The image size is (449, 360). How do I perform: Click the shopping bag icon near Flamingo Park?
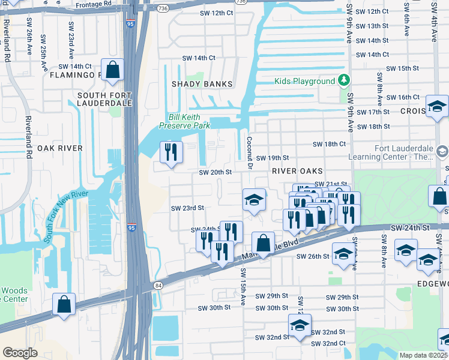(112, 70)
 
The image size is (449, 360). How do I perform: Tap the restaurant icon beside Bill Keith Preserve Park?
(170, 153)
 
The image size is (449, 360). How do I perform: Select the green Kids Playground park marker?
(343, 80)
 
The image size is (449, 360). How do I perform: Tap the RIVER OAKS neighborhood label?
(293, 171)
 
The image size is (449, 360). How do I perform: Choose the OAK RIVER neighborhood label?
(59, 148)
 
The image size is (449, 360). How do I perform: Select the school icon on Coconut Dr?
(255, 200)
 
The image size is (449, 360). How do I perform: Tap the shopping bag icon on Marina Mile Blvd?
(263, 243)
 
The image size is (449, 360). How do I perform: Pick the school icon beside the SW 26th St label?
(343, 254)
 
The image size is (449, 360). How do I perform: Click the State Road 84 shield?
(158, 285)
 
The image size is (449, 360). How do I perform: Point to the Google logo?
(20, 352)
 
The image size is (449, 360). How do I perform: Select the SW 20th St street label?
(215, 172)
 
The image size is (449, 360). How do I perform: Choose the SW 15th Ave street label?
(244, 285)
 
